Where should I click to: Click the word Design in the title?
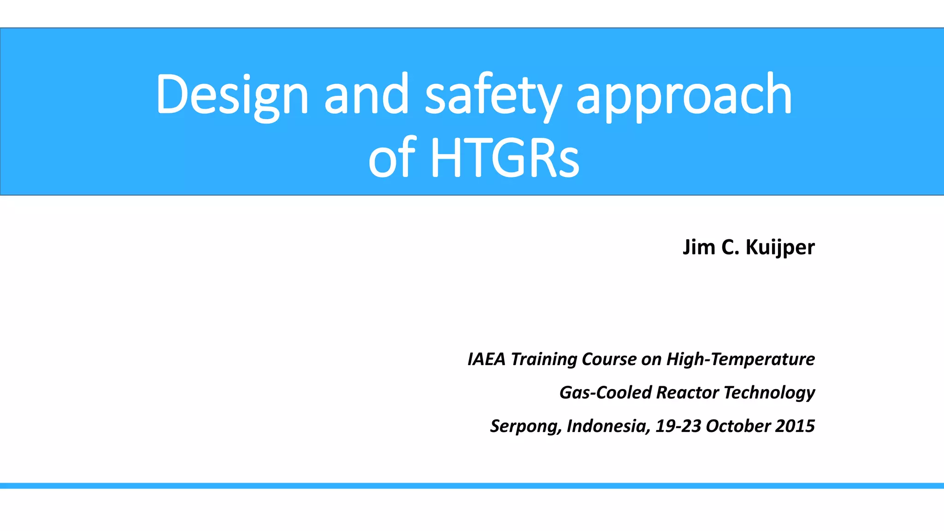(x=232, y=94)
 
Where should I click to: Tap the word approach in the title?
(x=684, y=94)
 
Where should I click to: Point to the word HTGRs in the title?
(x=504, y=157)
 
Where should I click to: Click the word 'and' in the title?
(x=366, y=94)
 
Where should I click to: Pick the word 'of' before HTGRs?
(x=392, y=157)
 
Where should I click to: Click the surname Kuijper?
(x=780, y=247)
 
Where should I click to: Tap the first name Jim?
(x=699, y=247)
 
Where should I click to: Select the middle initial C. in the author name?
(x=730, y=247)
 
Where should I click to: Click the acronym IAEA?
(x=487, y=359)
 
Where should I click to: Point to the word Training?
(x=543, y=359)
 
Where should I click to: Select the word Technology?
(x=769, y=393)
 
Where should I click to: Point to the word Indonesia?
(x=608, y=426)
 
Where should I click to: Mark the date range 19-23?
(x=678, y=426)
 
